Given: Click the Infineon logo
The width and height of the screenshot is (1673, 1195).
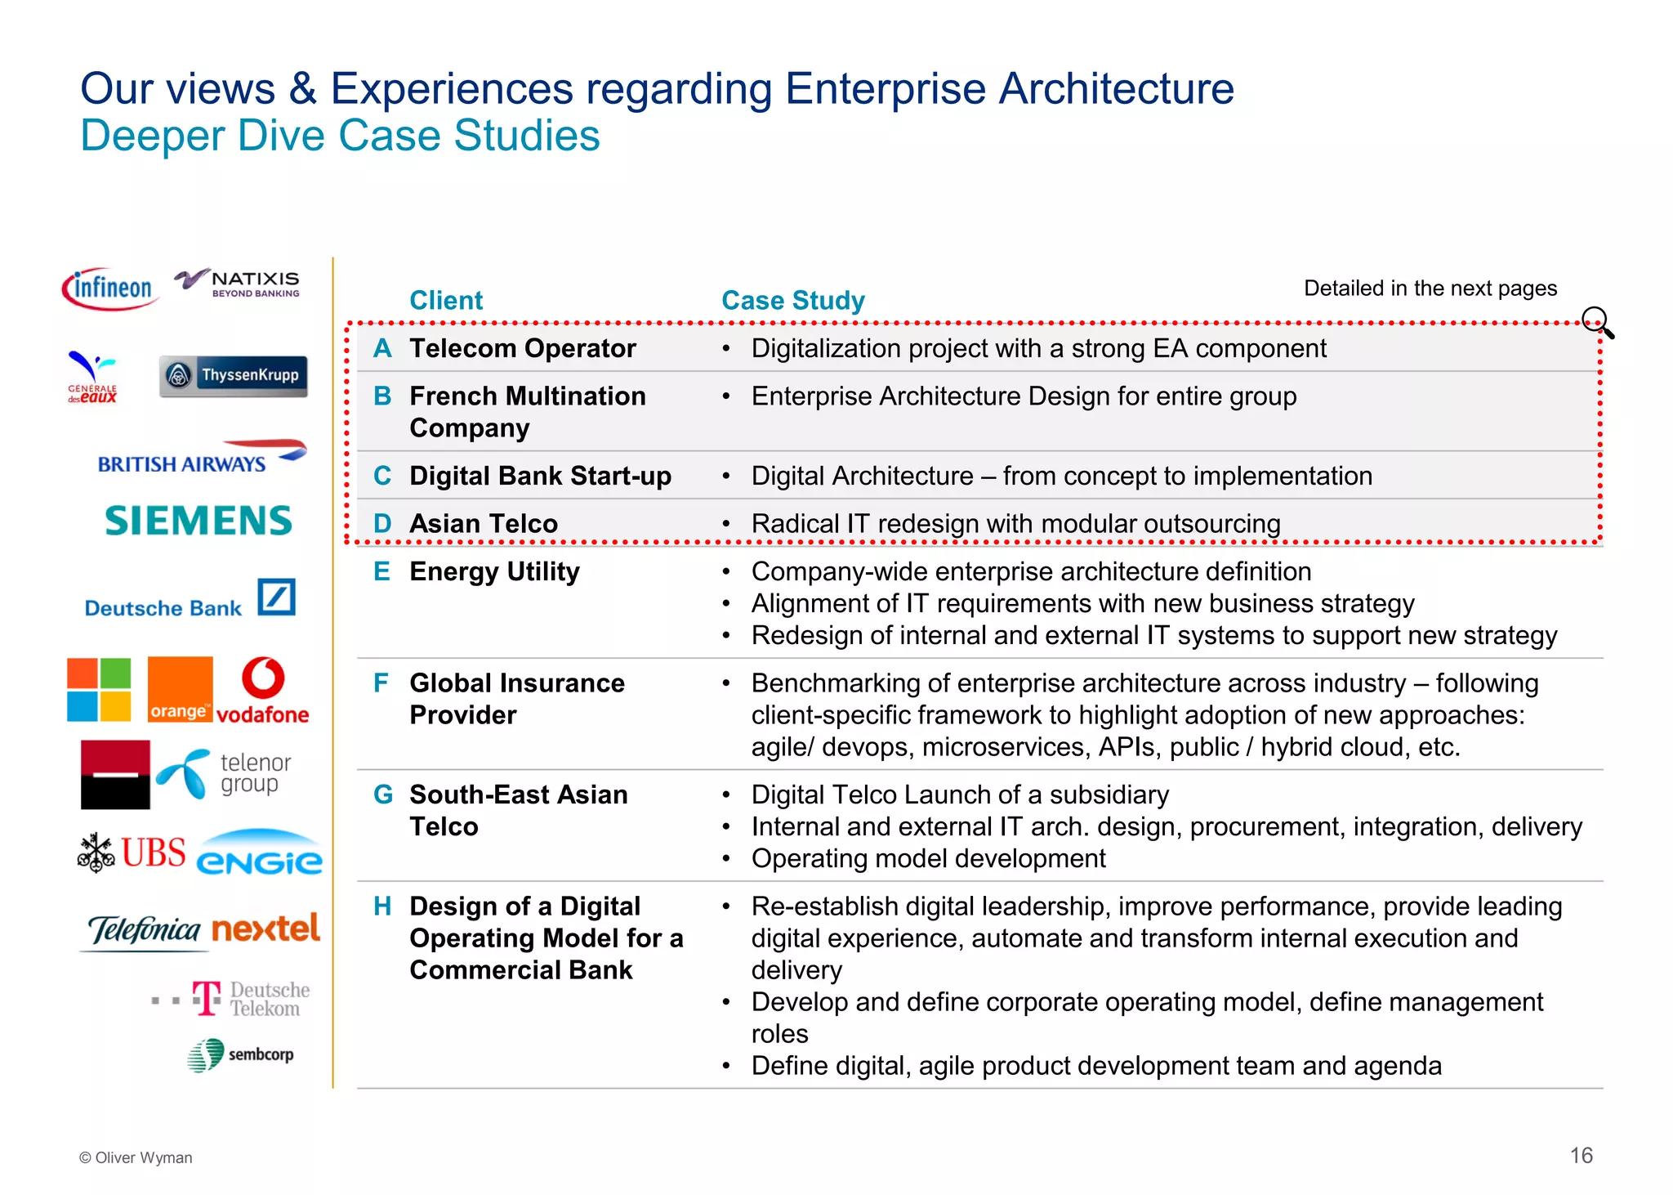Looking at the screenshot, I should pyautogui.click(x=110, y=289).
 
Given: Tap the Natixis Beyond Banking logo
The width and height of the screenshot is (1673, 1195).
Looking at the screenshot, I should pyautogui.click(x=238, y=283).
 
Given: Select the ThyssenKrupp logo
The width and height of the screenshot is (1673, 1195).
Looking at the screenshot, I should pyautogui.click(x=234, y=376).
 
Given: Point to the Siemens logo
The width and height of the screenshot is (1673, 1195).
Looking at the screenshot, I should pyautogui.click(x=199, y=521).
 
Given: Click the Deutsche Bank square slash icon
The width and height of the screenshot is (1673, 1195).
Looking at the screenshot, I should pyautogui.click(x=276, y=597).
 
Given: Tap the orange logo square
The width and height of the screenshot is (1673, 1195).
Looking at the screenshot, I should pyautogui.click(x=180, y=689).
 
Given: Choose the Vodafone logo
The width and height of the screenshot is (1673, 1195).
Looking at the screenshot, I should pyautogui.click(x=263, y=691).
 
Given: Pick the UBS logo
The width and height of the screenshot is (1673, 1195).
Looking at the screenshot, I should pyautogui.click(x=132, y=853).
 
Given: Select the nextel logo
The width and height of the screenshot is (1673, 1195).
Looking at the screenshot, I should pyautogui.click(x=265, y=929).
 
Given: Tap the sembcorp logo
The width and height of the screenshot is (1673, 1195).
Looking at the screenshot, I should pyautogui.click(x=240, y=1054).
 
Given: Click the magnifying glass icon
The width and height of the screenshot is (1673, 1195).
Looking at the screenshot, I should pyautogui.click(x=1597, y=322).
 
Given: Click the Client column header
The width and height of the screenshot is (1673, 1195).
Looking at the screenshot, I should pyautogui.click(x=446, y=300).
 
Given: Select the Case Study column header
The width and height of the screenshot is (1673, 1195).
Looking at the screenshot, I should pyautogui.click(x=792, y=300).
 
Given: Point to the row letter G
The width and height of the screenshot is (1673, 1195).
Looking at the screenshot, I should pyautogui.click(x=382, y=794).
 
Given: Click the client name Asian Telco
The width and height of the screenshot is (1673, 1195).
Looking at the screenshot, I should pyautogui.click(x=484, y=523).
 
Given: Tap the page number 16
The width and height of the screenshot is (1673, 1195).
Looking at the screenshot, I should pyautogui.click(x=1581, y=1155).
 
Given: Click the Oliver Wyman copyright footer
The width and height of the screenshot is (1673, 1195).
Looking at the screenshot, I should pyautogui.click(x=136, y=1157).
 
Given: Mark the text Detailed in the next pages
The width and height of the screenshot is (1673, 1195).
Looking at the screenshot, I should pyautogui.click(x=1430, y=288).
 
